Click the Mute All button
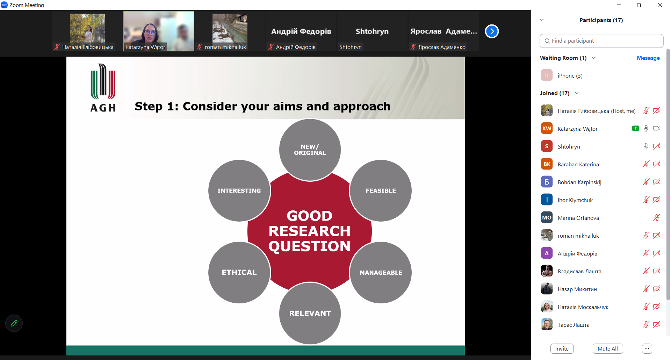(x=608, y=348)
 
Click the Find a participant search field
(x=601, y=41)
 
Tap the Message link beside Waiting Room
(x=648, y=58)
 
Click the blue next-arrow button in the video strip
(x=492, y=31)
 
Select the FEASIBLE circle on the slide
(x=381, y=191)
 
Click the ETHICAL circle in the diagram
(x=239, y=273)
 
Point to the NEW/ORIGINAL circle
(x=310, y=150)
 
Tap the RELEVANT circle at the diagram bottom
(x=310, y=314)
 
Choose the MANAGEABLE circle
(x=381, y=273)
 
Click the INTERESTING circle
(x=239, y=191)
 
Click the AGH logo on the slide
(x=103, y=88)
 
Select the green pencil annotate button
(x=14, y=323)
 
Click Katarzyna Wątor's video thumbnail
(x=159, y=31)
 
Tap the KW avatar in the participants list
(x=547, y=129)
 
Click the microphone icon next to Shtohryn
(x=646, y=146)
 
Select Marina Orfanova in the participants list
(x=578, y=218)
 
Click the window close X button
(x=660, y=5)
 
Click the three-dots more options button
(x=647, y=348)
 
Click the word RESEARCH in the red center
(x=310, y=231)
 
